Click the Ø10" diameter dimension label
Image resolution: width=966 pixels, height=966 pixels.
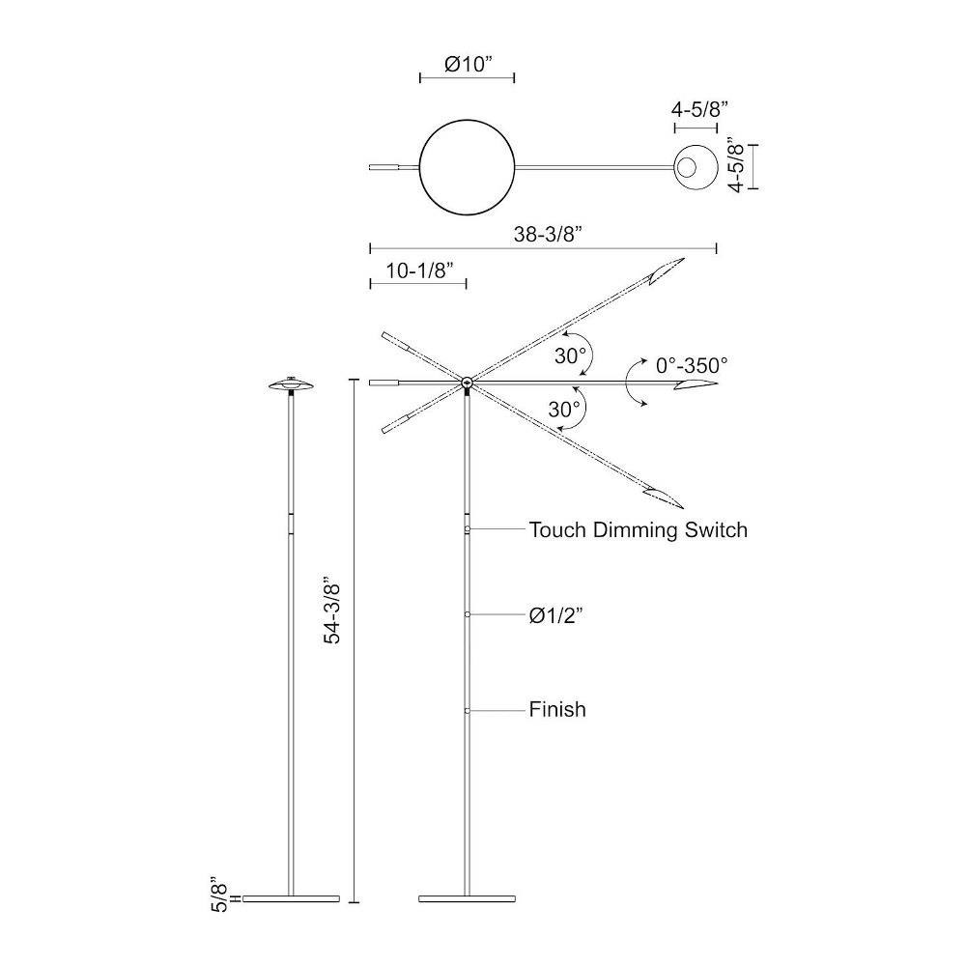point(469,64)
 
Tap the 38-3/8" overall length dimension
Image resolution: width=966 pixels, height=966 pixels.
point(548,234)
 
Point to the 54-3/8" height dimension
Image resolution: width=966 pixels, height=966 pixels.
point(332,610)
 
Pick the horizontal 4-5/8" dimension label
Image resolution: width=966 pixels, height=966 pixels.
point(699,109)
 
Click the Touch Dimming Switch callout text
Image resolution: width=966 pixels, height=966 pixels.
point(639,529)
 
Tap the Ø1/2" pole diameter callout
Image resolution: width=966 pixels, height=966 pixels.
point(555,614)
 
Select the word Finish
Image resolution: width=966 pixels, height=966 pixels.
point(557,709)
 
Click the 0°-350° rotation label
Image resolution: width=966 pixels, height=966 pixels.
point(692,365)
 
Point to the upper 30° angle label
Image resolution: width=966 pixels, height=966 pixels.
point(570,355)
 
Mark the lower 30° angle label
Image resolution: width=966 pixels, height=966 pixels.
point(564,409)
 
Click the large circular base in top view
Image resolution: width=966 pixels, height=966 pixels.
point(467,167)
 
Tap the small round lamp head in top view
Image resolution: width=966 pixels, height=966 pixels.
point(696,167)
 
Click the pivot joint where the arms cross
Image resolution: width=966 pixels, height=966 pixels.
point(467,383)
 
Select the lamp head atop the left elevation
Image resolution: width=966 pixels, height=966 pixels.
point(292,384)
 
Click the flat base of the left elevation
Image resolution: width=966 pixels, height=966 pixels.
point(292,898)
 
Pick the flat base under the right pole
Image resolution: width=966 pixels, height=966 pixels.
point(467,898)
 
